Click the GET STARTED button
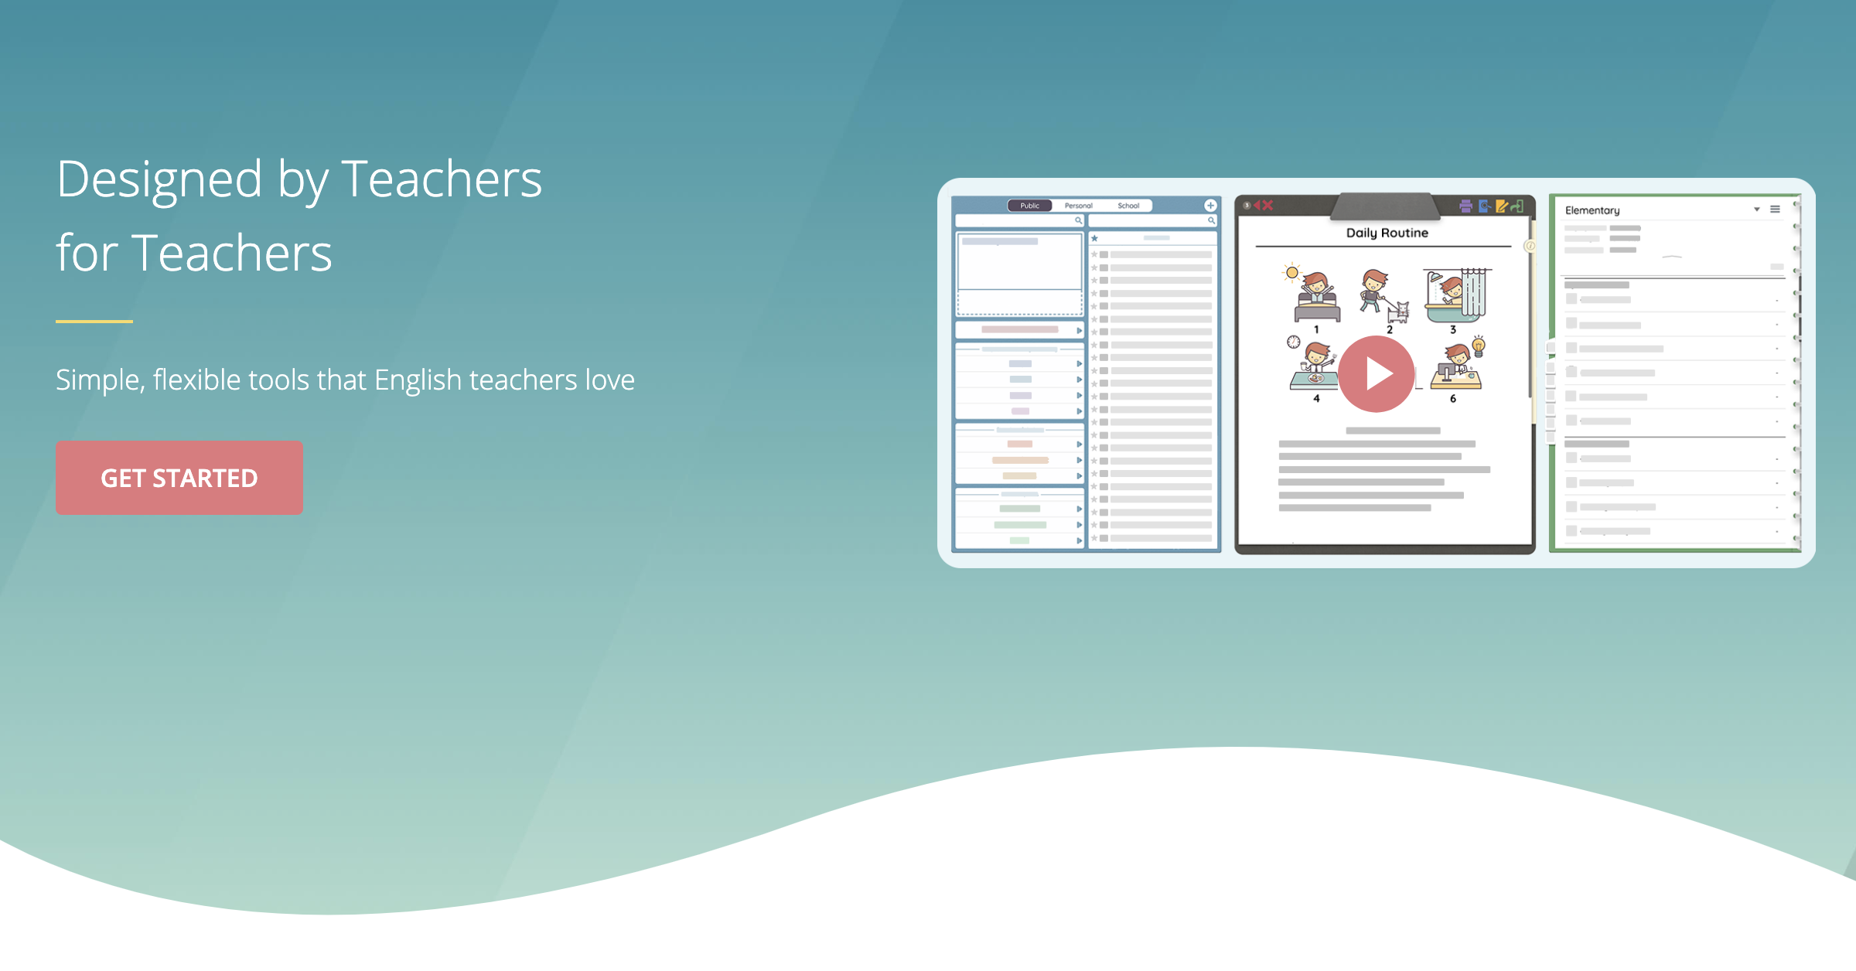[x=179, y=478]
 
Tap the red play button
[x=1377, y=374]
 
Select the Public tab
[x=1029, y=206]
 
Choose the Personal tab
[x=1078, y=206]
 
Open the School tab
[x=1128, y=206]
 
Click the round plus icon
[x=1210, y=206]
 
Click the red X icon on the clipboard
[x=1267, y=206]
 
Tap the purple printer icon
[x=1465, y=206]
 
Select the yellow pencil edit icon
[x=1502, y=206]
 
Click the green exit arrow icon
[x=1517, y=206]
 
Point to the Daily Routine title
[x=1387, y=233]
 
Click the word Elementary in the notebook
[x=1592, y=210]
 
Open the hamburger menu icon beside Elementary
[x=1776, y=210]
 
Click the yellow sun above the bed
[x=1291, y=272]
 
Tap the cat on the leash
[x=1399, y=312]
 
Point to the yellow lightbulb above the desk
[x=1479, y=345]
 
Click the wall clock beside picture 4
[x=1294, y=342]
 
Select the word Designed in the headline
[x=159, y=179]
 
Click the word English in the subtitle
[x=418, y=380]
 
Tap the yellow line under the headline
[x=94, y=321]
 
